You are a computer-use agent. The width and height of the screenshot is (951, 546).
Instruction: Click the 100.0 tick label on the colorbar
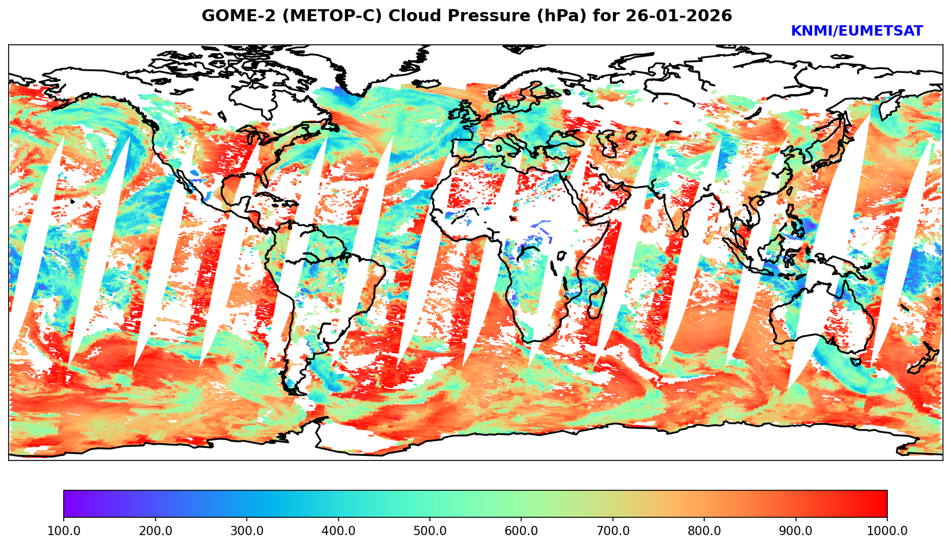(64, 531)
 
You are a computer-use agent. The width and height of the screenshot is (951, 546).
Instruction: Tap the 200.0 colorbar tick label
(155, 531)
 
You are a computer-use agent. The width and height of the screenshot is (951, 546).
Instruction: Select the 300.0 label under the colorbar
(247, 531)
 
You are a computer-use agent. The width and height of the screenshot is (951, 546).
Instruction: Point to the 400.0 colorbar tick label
(338, 531)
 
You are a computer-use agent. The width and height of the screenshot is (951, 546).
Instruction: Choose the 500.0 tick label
(430, 531)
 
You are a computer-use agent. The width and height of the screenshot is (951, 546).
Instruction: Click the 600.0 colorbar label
(521, 531)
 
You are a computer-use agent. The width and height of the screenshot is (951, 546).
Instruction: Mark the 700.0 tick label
(613, 531)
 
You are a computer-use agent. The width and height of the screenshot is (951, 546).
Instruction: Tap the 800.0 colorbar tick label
(704, 531)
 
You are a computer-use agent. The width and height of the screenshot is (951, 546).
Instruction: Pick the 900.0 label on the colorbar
(796, 531)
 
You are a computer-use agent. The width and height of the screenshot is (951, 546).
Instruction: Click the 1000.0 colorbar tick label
(887, 531)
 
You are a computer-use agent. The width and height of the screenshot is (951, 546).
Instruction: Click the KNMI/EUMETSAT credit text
(856, 32)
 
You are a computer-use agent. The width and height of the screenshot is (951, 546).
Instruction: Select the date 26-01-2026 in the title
(679, 16)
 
